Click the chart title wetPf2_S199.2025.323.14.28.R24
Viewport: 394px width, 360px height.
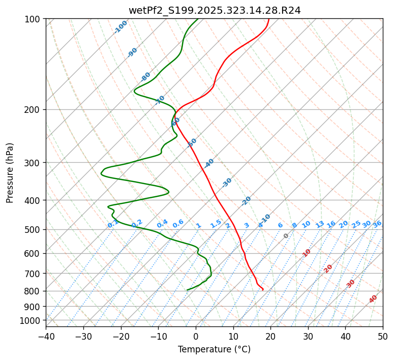click(x=214, y=10)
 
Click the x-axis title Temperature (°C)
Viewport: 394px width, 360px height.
click(x=214, y=349)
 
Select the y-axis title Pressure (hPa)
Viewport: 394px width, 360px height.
click(x=10, y=172)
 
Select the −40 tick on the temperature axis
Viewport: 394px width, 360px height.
click(x=46, y=336)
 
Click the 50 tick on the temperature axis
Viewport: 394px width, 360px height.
click(x=383, y=336)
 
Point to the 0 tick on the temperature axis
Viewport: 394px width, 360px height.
click(x=196, y=336)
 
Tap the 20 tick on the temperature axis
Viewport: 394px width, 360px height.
click(x=270, y=336)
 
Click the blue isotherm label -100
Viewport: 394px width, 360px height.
click(x=120, y=27)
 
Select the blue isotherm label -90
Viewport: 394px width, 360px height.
click(x=132, y=52)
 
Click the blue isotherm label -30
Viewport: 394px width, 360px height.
click(x=227, y=182)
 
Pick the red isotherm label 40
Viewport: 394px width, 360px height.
click(x=373, y=299)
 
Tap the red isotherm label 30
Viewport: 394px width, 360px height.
click(x=350, y=284)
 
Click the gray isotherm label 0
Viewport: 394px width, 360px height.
click(x=286, y=236)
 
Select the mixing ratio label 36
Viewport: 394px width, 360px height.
click(x=377, y=224)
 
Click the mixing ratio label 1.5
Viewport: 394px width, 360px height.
click(x=216, y=223)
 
